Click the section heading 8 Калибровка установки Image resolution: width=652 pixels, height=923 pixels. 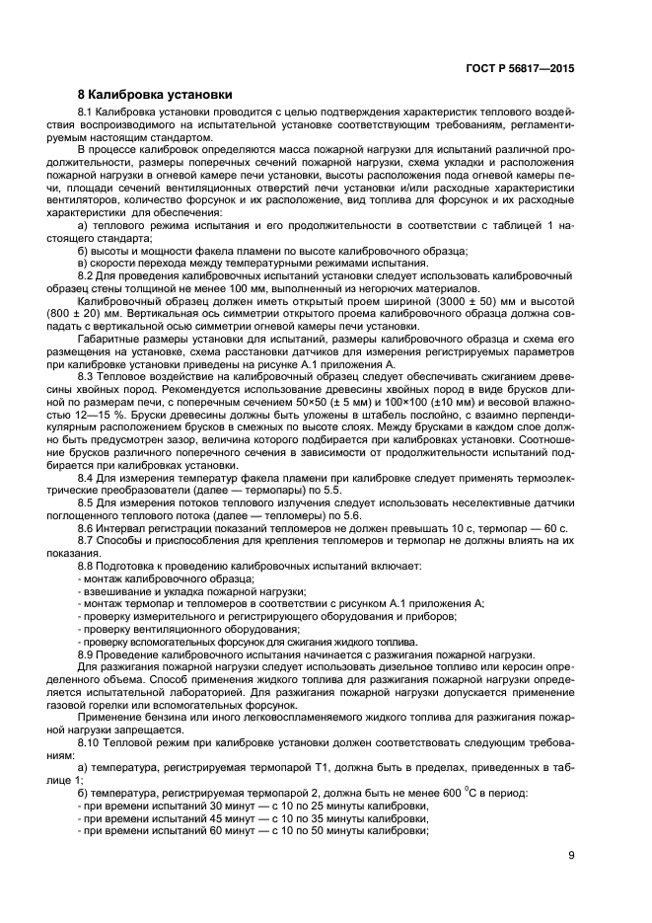click(155, 95)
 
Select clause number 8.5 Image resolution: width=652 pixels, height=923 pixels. click(89, 503)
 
